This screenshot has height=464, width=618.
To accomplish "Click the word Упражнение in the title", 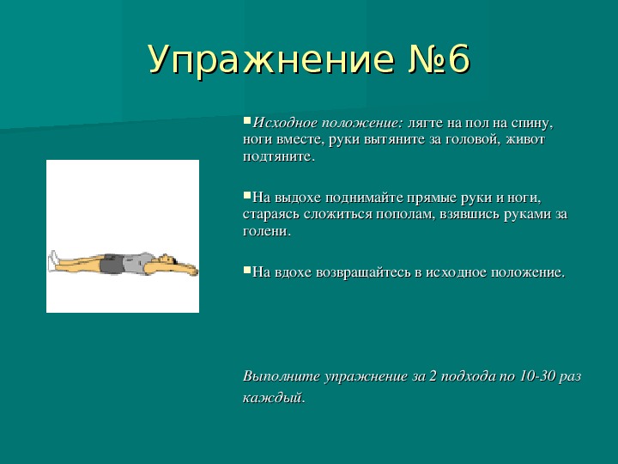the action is [x=271, y=59].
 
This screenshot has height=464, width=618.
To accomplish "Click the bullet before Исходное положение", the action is [x=247, y=119].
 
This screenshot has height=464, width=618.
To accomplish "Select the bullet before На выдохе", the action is [x=247, y=195].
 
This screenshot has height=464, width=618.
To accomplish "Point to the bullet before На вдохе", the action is [x=247, y=270].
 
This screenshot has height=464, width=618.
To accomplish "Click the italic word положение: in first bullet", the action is [x=362, y=123].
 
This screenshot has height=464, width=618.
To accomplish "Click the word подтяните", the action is [x=279, y=157].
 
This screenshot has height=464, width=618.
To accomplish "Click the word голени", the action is [x=267, y=232].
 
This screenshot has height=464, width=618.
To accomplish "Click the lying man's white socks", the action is [x=53, y=261].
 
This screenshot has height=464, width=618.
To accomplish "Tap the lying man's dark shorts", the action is [x=112, y=265].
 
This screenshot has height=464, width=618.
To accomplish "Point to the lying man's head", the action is [x=167, y=259].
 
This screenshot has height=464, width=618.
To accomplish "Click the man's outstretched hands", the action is [x=191, y=271].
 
